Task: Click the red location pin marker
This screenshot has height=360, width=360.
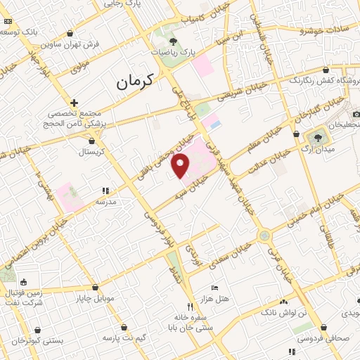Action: [x=181, y=167]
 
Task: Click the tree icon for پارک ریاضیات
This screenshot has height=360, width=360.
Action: [x=173, y=44]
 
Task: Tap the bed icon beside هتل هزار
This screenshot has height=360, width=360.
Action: [x=215, y=288]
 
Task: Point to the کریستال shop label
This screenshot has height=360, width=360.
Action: [x=91, y=152]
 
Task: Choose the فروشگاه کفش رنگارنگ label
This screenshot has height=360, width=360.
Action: [x=319, y=79]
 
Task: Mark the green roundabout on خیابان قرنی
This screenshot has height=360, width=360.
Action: [x=264, y=236]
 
